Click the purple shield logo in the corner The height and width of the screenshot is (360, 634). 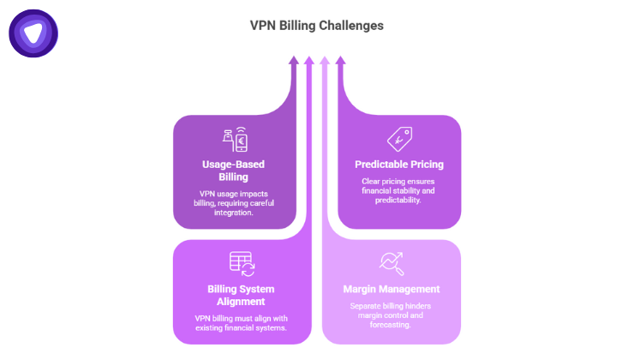[x=33, y=33]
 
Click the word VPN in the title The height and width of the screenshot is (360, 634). [x=263, y=26]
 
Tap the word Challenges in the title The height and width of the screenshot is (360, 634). [x=351, y=26]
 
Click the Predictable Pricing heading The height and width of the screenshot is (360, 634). [x=399, y=164]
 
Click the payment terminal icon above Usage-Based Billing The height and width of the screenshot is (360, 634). [x=235, y=140]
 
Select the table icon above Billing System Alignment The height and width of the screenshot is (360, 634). [x=241, y=263]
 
